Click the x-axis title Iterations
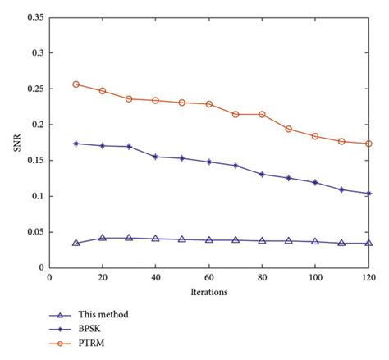click(x=209, y=291)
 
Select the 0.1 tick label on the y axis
click(x=35, y=196)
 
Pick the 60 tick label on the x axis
click(x=209, y=279)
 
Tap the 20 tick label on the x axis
click(x=103, y=279)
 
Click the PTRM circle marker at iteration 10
click(x=76, y=84)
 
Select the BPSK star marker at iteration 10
click(x=76, y=144)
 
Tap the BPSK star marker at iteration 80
click(x=263, y=174)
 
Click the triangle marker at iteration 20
click(x=103, y=238)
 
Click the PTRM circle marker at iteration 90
click(x=289, y=129)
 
